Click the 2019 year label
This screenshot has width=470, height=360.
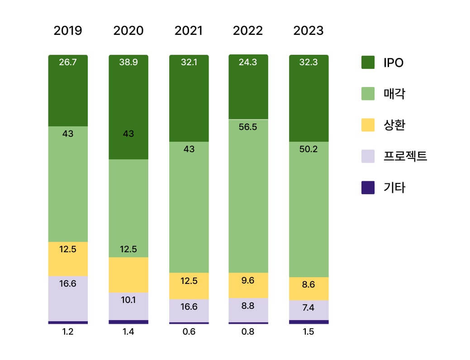click(68, 31)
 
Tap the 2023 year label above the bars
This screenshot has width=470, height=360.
click(309, 31)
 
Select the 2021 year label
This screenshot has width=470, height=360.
click(189, 31)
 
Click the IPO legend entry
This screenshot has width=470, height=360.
click(382, 62)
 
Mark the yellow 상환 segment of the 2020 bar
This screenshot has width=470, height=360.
click(128, 275)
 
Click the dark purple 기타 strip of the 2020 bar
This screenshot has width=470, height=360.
click(128, 322)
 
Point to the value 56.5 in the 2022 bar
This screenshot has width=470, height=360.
click(248, 127)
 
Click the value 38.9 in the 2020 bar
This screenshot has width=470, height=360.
click(128, 62)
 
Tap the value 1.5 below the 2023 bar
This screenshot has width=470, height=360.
click(309, 332)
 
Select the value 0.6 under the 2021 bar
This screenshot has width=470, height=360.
click(189, 332)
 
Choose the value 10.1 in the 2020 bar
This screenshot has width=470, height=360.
click(128, 300)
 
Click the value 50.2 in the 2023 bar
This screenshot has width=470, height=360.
click(309, 149)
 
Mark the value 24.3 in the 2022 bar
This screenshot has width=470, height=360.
click(248, 62)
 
